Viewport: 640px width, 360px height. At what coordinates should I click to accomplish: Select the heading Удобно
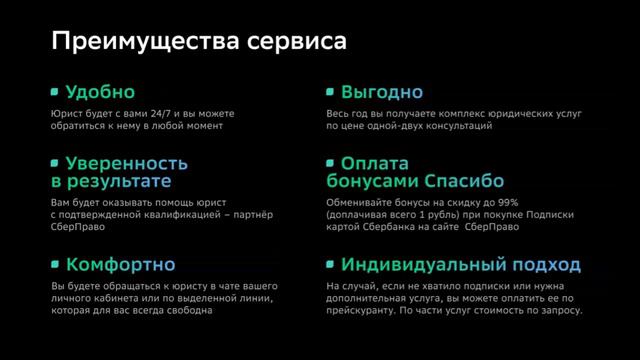point(99,92)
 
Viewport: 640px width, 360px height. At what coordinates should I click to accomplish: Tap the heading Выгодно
point(382,92)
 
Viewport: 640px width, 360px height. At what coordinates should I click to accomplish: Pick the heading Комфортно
point(120,265)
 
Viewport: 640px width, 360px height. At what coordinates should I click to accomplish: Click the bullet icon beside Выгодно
point(330,92)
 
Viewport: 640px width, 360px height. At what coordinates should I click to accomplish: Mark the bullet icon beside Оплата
point(330,163)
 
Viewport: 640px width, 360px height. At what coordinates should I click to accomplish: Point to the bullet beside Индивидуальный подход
point(330,265)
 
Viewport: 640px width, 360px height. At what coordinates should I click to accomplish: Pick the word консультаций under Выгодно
point(463,127)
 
